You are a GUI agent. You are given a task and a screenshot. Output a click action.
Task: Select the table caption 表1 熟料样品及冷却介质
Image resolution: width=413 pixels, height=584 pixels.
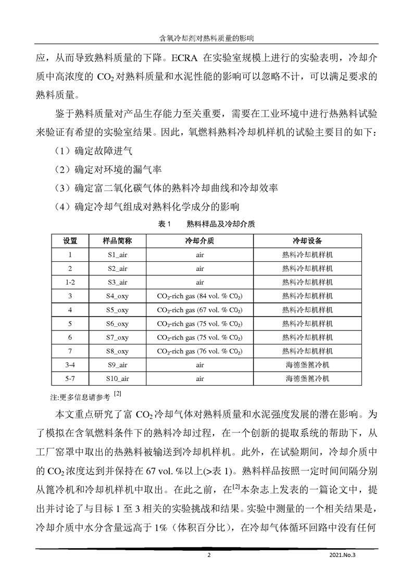point(206,224)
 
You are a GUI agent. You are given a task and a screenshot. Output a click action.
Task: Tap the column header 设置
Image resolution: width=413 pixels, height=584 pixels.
point(70,242)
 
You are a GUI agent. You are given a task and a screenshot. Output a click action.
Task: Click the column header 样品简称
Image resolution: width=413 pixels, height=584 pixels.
point(117,242)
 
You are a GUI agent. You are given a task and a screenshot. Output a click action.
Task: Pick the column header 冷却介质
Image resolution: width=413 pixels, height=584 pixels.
point(200,242)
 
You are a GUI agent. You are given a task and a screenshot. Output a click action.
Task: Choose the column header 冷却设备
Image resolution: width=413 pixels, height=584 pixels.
point(307,242)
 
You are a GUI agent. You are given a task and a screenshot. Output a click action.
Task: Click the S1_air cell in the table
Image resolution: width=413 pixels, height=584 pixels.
point(117,255)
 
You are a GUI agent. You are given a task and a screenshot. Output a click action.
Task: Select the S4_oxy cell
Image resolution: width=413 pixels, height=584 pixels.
point(117,296)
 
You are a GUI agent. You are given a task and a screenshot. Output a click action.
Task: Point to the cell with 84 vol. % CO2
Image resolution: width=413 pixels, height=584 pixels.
point(200,296)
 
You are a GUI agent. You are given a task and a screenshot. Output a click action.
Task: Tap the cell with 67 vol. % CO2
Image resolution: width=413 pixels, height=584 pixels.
point(200,310)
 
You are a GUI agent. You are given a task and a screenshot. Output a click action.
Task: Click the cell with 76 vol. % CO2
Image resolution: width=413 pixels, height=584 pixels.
point(200,351)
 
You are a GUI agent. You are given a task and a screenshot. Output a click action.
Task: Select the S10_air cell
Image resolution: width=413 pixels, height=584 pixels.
point(117,379)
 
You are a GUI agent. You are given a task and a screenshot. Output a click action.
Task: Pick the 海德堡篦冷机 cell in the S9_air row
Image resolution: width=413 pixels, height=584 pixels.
point(307,365)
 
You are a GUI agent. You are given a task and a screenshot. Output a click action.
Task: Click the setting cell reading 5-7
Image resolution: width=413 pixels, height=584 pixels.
point(70,379)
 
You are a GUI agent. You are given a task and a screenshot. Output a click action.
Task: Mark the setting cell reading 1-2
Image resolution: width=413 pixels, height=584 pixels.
point(70,283)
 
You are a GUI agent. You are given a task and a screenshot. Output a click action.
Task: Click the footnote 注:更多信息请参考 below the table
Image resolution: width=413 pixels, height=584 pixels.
point(85,397)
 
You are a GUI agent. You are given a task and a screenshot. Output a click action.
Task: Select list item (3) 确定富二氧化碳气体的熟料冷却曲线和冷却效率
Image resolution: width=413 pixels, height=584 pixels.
point(166,188)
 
